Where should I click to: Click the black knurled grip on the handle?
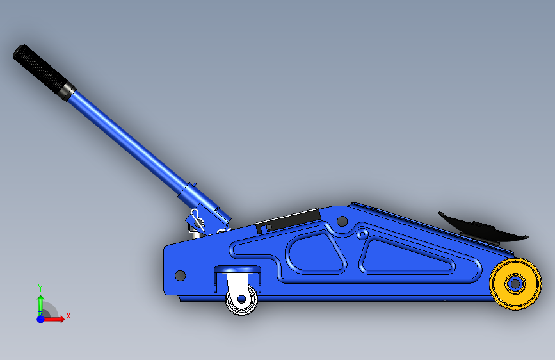coord(40,69)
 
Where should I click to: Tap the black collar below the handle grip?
coord(67,91)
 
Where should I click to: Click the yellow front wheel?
coord(515,284)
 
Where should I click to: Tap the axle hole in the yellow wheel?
coord(515,284)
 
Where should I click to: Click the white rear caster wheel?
coord(242,300)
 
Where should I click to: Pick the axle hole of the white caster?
coord(242,299)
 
